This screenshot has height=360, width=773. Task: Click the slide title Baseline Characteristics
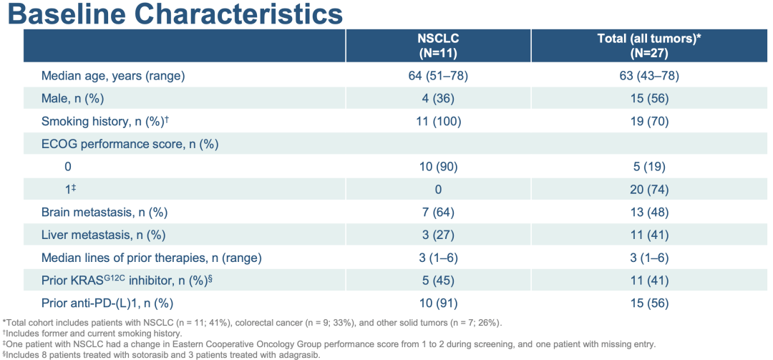coord(172,14)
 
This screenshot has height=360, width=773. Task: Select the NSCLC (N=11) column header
coord(437,46)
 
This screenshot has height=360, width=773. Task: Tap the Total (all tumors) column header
coord(648,46)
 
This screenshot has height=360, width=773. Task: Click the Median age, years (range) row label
coord(113,75)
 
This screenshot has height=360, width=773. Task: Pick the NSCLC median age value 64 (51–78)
coord(437,75)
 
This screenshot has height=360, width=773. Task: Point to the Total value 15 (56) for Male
coord(648,98)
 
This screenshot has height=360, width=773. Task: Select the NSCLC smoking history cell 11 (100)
coord(437,121)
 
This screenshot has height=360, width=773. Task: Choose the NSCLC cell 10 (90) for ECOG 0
coord(437,167)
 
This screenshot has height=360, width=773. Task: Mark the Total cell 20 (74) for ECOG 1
coord(648,189)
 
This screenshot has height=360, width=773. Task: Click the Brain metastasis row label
coord(103,212)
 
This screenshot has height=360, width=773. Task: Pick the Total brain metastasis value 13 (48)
coord(648,212)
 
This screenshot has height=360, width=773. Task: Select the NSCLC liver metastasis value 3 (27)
coord(437,235)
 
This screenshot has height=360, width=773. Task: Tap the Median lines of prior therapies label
coord(151,258)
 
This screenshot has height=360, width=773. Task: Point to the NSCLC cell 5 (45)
coord(437,281)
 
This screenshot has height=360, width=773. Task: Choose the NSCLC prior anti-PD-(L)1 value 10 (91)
coord(437,303)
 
